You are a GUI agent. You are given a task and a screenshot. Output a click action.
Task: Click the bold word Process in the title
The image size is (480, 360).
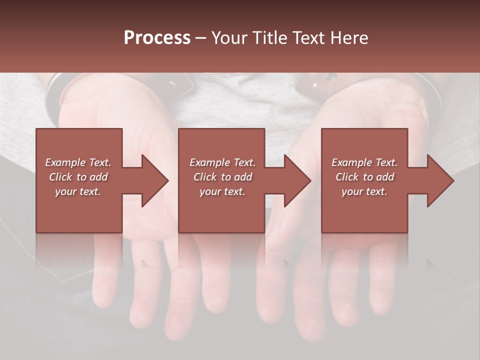pyautogui.click(x=157, y=38)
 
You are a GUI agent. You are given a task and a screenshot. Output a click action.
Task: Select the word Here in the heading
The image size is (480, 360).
pyautogui.click(x=349, y=38)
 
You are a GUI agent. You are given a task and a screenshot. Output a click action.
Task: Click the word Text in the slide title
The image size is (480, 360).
pyautogui.click(x=309, y=38)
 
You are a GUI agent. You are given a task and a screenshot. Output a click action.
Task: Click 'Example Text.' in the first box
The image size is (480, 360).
pyautogui.click(x=78, y=162)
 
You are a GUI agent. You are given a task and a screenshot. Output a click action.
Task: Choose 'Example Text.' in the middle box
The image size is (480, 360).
pyautogui.click(x=222, y=162)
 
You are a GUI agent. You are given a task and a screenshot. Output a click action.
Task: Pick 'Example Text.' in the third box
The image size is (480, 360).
pyautogui.click(x=364, y=162)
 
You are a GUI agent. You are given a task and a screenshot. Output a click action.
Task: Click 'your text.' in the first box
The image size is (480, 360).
pyautogui.click(x=78, y=191)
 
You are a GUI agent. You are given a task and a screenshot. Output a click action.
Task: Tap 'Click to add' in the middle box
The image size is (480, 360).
pyautogui.click(x=222, y=177)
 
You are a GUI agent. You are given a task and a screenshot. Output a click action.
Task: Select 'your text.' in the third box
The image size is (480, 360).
pyautogui.click(x=364, y=191)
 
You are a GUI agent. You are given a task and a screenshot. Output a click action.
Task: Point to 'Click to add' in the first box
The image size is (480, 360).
pyautogui.click(x=78, y=177)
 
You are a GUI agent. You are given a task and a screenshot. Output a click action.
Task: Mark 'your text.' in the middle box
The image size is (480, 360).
pyautogui.click(x=222, y=191)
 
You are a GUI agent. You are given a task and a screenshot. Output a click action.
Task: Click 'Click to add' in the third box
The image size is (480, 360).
pyautogui.click(x=364, y=177)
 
